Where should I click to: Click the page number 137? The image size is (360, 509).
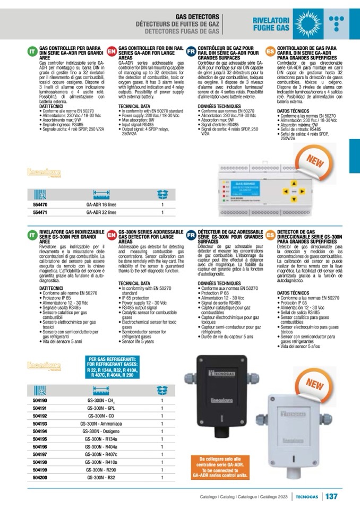pos(331,497)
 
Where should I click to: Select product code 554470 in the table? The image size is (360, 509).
pos(40,204)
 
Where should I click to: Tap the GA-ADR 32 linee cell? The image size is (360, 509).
pos(101,213)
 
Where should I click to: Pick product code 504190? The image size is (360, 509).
pos(40,400)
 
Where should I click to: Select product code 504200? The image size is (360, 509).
pos(40,478)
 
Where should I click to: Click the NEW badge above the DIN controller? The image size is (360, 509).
pos(318,160)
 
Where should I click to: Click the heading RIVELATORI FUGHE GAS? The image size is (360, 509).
pos(270,23)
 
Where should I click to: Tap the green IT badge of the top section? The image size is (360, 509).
pos(32,50)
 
